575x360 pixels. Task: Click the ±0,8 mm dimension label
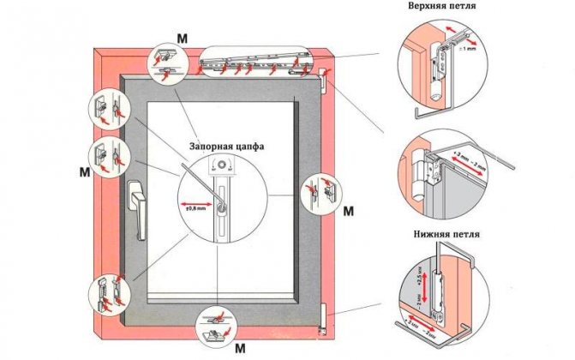click(x=195, y=205)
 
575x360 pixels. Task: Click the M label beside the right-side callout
click(x=348, y=211)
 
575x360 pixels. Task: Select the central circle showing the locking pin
click(x=221, y=195)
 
